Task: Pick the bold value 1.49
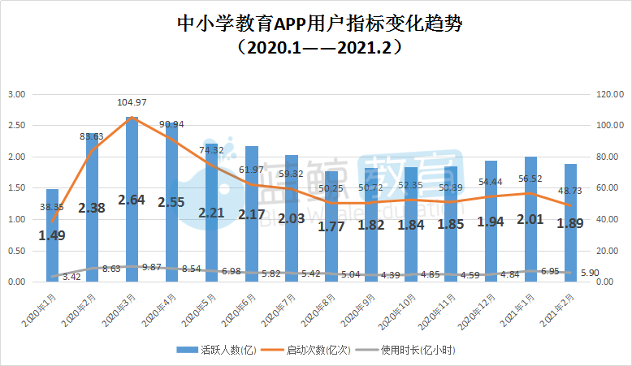[52, 236]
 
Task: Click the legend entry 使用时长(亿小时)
[414, 350]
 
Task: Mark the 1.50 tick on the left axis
[17, 188]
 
